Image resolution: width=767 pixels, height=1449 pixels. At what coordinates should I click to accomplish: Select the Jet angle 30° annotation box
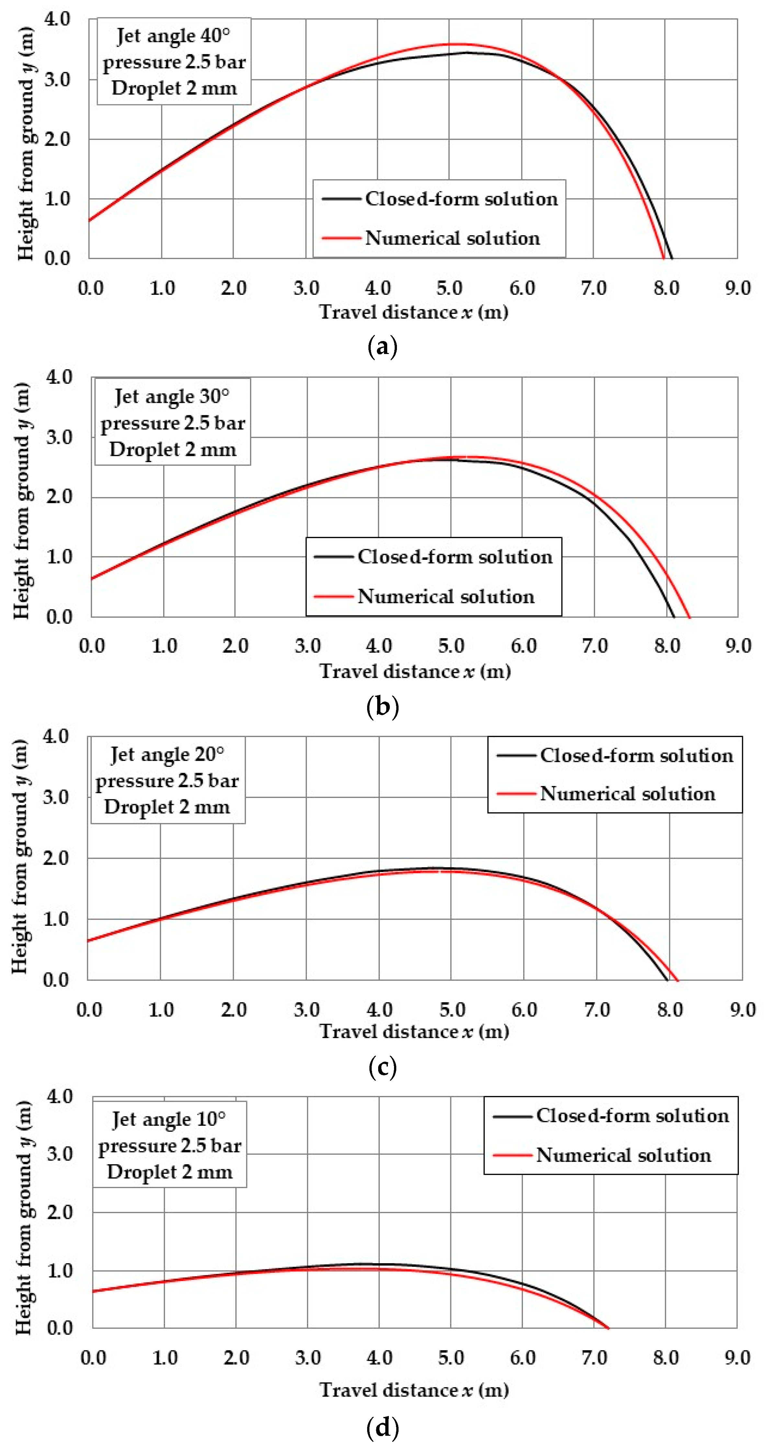(172, 423)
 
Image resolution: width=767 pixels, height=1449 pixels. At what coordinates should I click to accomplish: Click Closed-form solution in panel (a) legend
(461, 199)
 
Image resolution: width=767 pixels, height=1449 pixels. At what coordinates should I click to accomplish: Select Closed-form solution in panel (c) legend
(637, 756)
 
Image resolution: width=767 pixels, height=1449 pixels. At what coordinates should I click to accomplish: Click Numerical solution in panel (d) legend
(623, 1156)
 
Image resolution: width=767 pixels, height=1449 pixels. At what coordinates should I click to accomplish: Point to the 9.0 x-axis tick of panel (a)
(737, 289)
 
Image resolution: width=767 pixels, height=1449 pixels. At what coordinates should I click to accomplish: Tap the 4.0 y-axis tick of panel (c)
(56, 736)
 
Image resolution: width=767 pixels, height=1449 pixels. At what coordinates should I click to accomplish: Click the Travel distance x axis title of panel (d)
(414, 1390)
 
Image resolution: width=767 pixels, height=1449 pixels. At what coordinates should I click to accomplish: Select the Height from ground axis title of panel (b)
(21, 501)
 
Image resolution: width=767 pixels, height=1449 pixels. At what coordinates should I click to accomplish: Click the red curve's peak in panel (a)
(456, 44)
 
